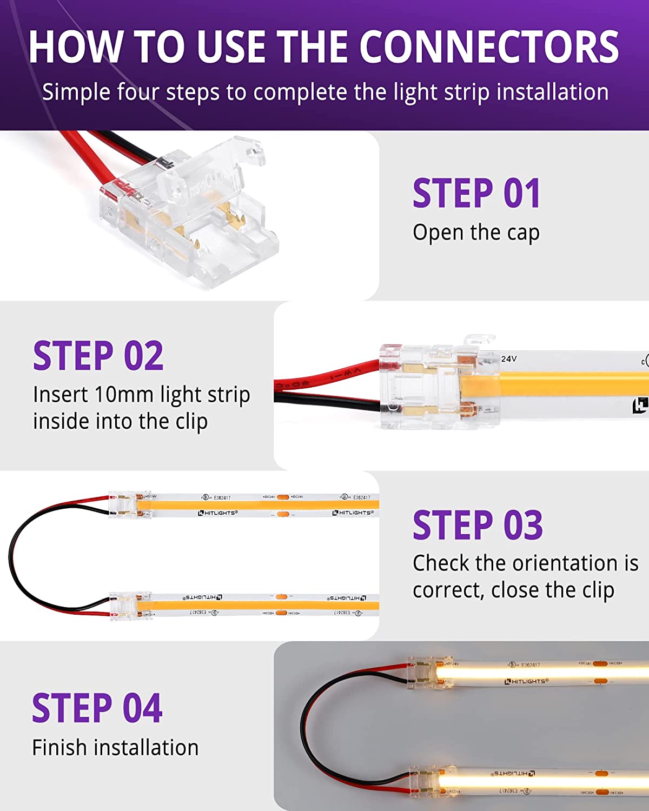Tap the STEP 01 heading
click(476, 193)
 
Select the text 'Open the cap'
click(476, 233)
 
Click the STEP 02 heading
click(98, 356)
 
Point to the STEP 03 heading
click(478, 525)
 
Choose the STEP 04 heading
click(97, 708)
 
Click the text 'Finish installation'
click(115, 748)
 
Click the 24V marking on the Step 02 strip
click(509, 358)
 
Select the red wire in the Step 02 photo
click(330, 372)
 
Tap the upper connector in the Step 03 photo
click(130, 504)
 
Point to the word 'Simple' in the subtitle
click(76, 92)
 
